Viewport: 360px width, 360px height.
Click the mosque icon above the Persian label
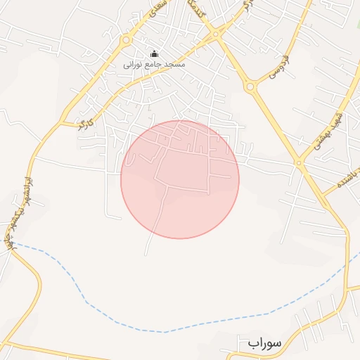(x=155, y=53)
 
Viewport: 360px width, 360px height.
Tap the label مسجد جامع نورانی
(x=154, y=64)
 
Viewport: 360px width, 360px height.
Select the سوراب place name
(x=264, y=343)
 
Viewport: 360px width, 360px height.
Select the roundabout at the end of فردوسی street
(x=250, y=86)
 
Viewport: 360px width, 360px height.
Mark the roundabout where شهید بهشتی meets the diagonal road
(x=299, y=163)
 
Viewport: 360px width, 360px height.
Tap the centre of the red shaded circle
(x=180, y=179)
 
